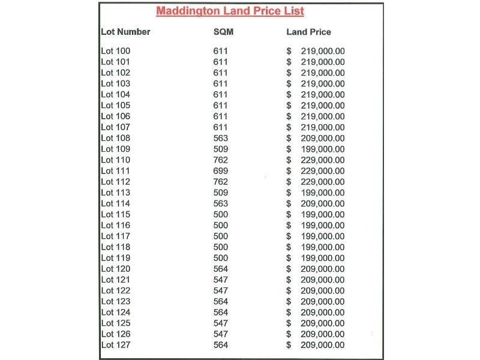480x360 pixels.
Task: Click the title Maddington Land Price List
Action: [230, 11]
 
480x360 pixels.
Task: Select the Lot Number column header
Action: [125, 32]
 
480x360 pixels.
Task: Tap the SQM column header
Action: [223, 32]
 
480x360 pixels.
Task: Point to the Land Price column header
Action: [308, 32]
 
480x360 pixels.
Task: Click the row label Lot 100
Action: [115, 51]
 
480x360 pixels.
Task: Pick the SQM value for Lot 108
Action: [221, 138]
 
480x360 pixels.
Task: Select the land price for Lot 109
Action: [322, 149]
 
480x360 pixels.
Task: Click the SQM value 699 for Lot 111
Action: [221, 171]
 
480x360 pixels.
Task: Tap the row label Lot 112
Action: [115, 182]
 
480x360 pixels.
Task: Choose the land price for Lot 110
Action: [322, 160]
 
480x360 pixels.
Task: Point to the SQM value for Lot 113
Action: [221, 193]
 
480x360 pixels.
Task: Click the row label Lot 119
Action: [115, 258]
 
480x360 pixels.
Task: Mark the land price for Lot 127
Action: [322, 345]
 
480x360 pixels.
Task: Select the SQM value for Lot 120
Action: [221, 269]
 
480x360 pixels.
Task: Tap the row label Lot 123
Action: [115, 301]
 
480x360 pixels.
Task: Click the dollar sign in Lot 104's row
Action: [289, 94]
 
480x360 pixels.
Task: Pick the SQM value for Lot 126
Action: [221, 334]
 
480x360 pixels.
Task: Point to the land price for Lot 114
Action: [322, 203]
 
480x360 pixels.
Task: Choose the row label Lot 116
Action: [115, 225]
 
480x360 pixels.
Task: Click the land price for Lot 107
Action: [322, 127]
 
